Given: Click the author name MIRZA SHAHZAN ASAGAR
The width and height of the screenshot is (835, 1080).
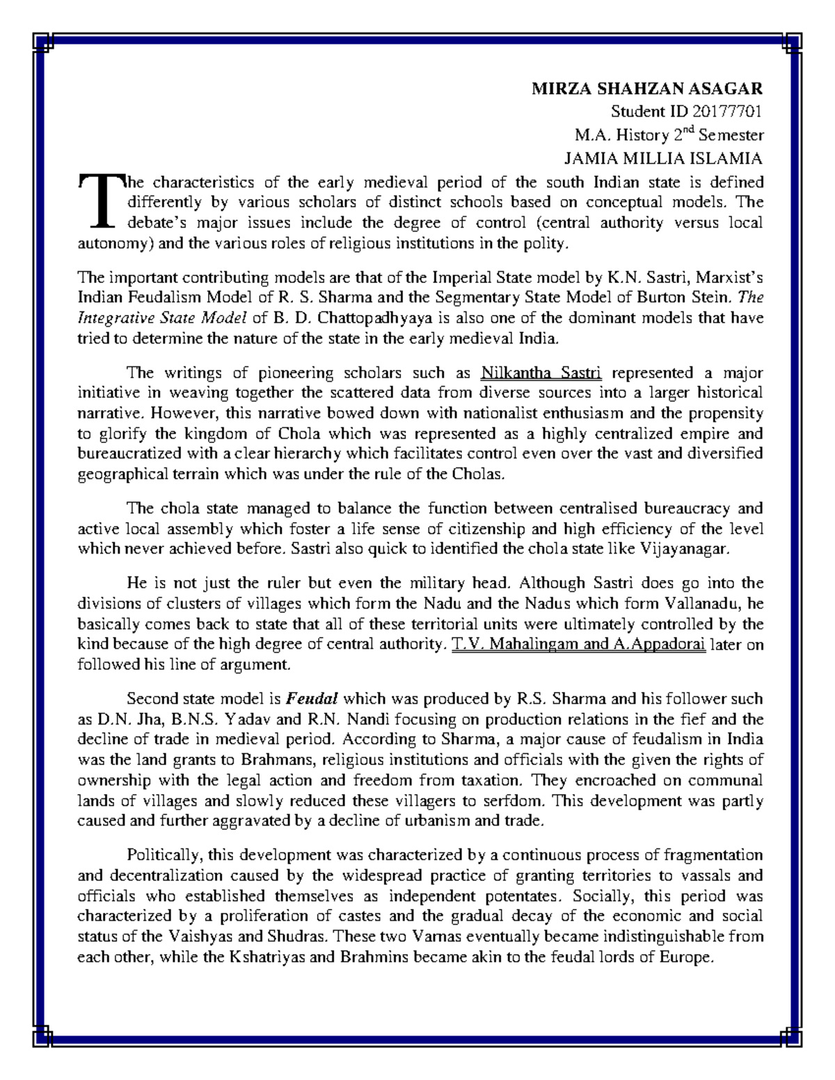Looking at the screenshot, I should coord(647,88).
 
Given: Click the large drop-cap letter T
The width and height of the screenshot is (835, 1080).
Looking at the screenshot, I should coord(100,202).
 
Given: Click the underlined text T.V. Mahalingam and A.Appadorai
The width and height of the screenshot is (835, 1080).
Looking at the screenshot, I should coord(579,644).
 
